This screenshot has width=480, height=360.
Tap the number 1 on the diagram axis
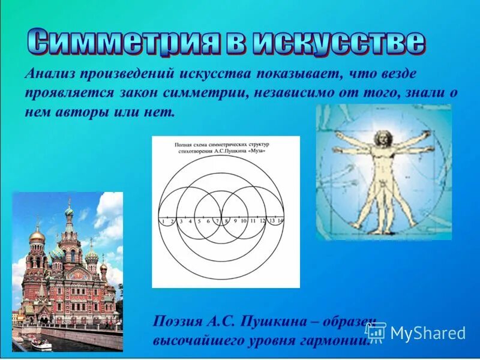click(x=163, y=221)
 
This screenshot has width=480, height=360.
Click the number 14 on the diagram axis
click(x=280, y=221)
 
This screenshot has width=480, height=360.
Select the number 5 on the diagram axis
click(x=199, y=221)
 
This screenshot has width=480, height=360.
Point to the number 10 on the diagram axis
click(x=243, y=221)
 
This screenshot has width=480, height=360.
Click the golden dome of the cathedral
click(x=37, y=235)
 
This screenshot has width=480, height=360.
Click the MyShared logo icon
click(x=376, y=332)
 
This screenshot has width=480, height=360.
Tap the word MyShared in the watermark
click(x=428, y=332)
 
